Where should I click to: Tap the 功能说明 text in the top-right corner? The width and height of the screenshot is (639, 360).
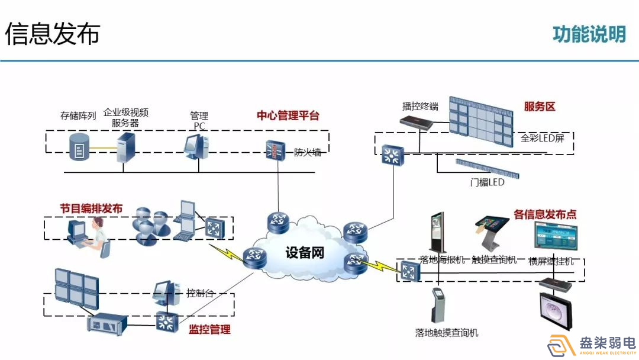[589, 34]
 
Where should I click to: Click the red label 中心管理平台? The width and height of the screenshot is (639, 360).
[288, 115]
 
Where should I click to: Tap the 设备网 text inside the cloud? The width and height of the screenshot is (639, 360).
[305, 253]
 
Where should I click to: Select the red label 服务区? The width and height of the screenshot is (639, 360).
[540, 107]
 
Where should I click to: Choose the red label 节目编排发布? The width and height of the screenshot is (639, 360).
[91, 208]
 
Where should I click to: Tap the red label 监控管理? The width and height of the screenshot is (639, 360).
[209, 329]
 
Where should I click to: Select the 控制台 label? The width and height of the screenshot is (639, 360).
[199, 292]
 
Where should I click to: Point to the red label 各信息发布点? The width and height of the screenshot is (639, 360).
[544, 214]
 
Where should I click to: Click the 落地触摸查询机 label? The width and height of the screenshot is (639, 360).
[447, 333]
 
